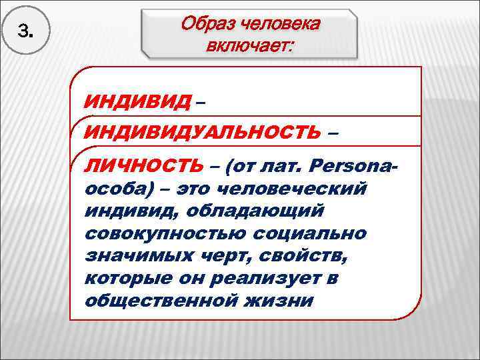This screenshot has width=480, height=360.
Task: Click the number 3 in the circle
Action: click(25, 31)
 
